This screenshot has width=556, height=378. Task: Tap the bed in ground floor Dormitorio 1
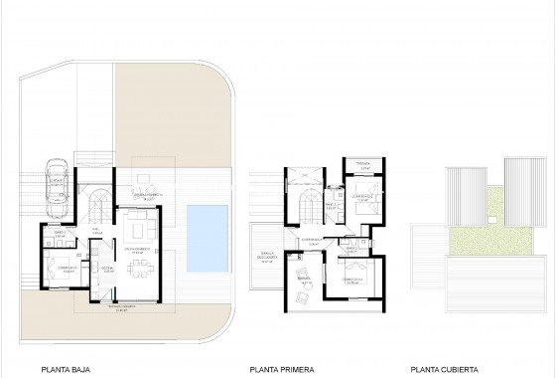[x=63, y=269]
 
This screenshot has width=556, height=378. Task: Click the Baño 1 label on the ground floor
[x=60, y=234]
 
